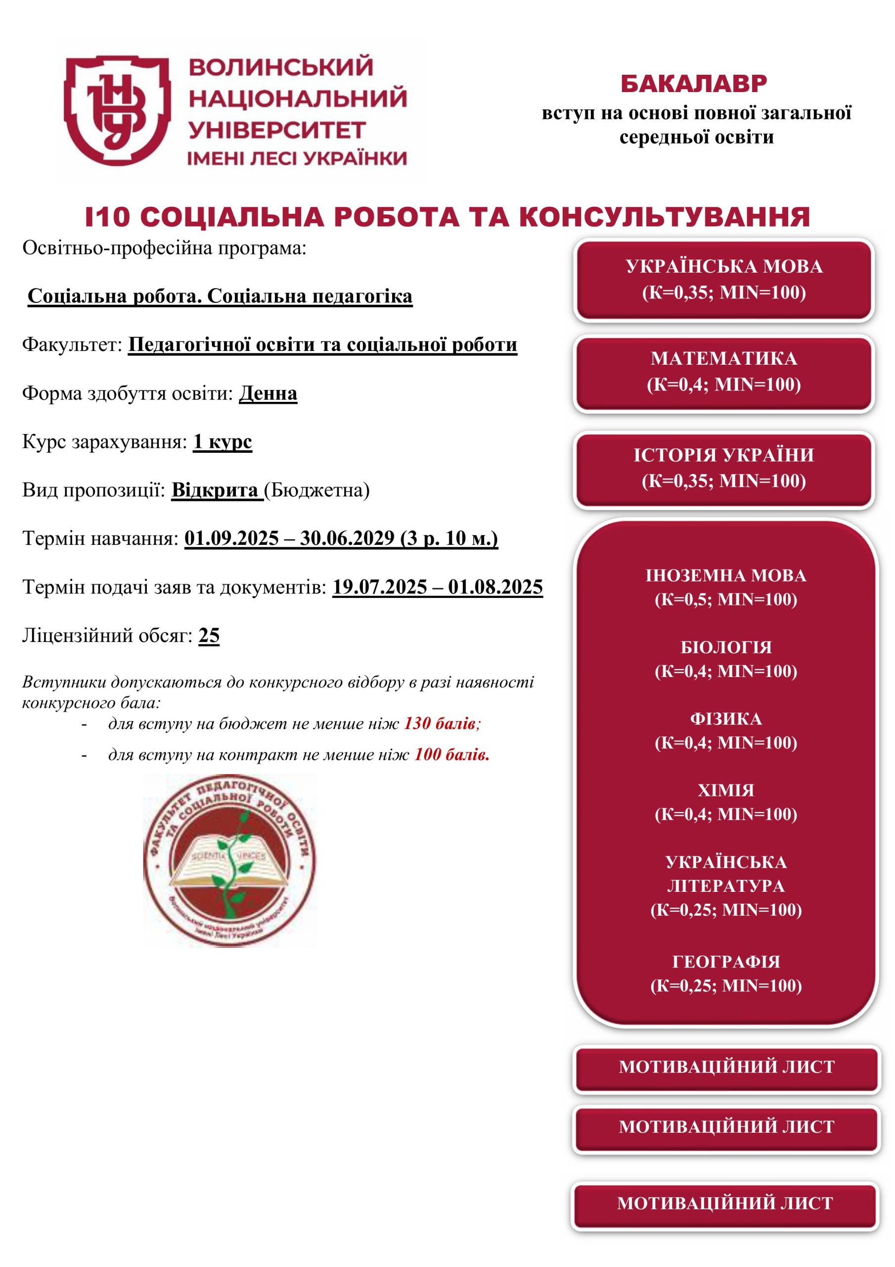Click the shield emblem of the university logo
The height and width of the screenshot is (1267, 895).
pos(117,110)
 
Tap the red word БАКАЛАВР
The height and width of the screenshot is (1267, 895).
pos(693,84)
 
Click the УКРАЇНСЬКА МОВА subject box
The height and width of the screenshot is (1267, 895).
pos(723,279)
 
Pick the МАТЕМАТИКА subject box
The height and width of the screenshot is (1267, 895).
pos(723,371)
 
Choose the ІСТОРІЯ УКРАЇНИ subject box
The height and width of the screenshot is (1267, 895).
pos(723,468)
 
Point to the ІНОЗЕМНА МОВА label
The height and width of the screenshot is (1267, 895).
pos(726,576)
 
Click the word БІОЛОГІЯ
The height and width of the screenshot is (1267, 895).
pos(726,647)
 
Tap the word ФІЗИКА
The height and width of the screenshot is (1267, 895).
pos(726,719)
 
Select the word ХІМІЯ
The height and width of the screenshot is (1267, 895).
pos(726,790)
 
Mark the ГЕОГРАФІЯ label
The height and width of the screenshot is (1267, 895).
pos(726,961)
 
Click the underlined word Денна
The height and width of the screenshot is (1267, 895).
pos(268,393)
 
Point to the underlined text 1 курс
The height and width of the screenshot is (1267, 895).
pos(222,442)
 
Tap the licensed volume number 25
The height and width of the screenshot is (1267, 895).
pos(209,635)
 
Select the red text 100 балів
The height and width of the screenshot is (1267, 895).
pos(451,754)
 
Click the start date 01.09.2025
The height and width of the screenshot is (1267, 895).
pos(231,538)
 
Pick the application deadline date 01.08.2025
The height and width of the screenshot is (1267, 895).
pos(495,586)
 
